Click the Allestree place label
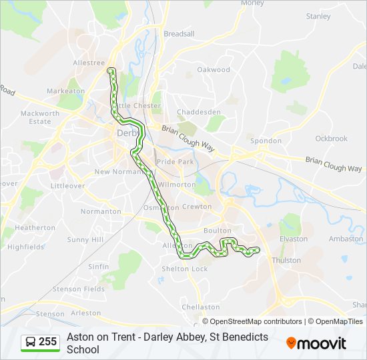88,62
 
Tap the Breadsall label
179,33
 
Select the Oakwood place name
214,69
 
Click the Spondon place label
266,141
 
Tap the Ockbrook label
332,139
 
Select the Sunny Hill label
85,239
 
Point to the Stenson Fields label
79,289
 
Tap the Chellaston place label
201,307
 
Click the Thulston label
287,260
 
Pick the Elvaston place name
294,239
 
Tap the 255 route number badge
41,342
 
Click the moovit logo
316,343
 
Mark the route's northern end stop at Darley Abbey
111,69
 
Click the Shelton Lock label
185,269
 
